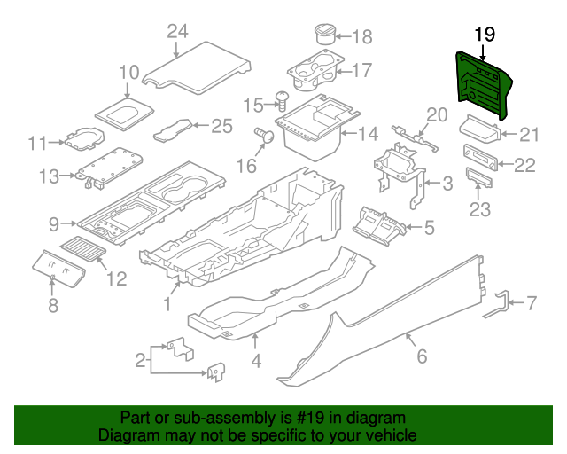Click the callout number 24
[177, 32]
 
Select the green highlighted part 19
[483, 85]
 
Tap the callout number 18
[362, 36]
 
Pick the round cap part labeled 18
[325, 34]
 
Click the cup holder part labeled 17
[315, 70]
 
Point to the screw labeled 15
[283, 101]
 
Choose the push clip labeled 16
[264, 136]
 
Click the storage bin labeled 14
[315, 129]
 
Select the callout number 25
[221, 126]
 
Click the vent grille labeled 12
[83, 248]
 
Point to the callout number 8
[53, 305]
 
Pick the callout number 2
[140, 361]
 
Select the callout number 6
[422, 356]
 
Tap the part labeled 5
[379, 226]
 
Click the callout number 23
[480, 209]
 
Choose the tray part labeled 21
[480, 129]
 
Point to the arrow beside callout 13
[68, 176]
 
